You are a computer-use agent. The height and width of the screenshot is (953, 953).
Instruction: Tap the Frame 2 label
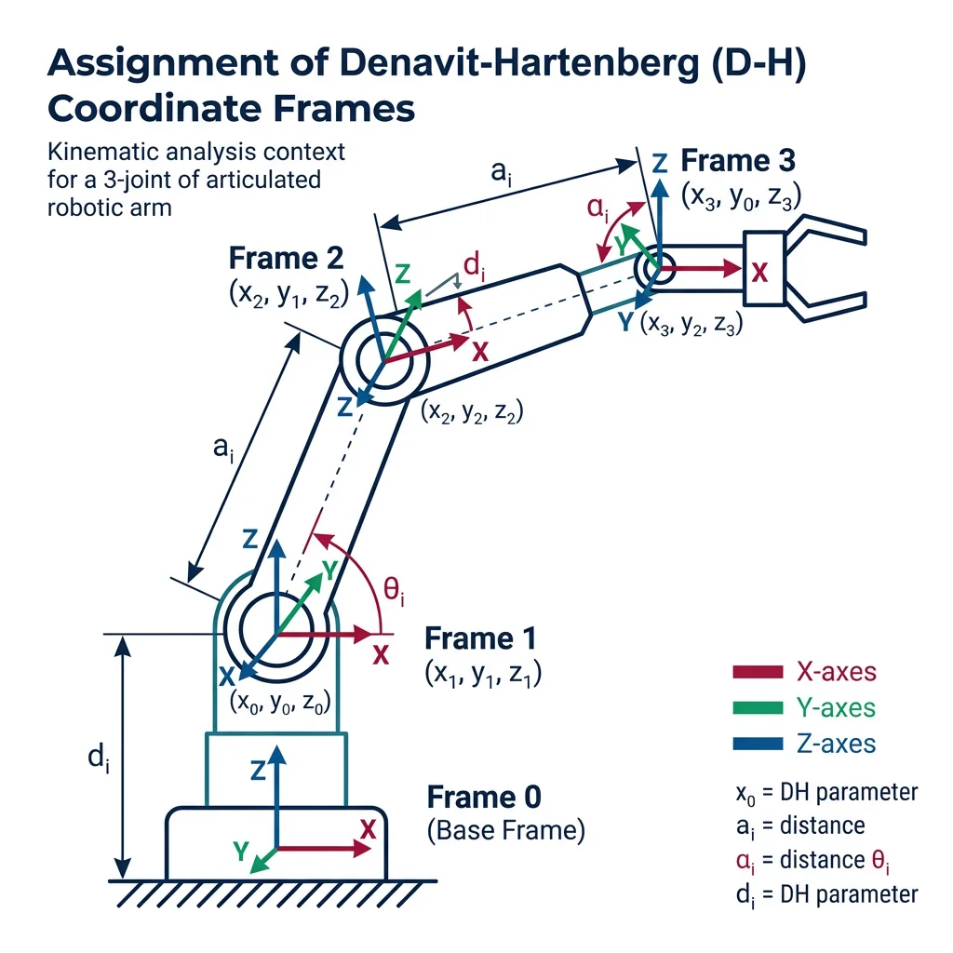click(286, 258)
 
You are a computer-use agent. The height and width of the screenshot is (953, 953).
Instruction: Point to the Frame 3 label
click(738, 160)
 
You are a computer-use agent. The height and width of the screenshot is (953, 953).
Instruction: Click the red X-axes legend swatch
click(758, 672)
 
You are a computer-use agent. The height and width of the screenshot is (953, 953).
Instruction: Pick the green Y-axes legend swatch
click(758, 707)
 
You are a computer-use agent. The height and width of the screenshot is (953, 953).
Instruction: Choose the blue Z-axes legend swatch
click(758, 744)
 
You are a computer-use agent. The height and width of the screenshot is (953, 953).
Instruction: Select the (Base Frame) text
click(505, 830)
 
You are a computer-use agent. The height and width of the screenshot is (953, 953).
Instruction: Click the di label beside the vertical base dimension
click(94, 757)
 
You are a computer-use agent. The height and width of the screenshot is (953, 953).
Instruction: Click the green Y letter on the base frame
click(240, 850)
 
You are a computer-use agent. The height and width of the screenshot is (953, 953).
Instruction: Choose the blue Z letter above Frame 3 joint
click(660, 164)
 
